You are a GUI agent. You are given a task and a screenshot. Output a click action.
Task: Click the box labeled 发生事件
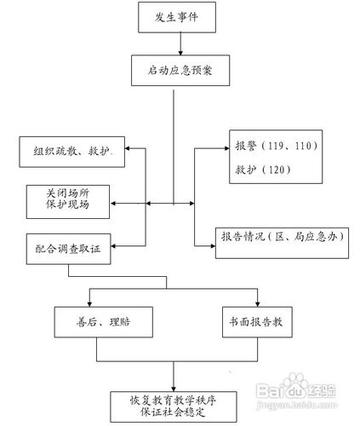pyautogui.click(x=177, y=17)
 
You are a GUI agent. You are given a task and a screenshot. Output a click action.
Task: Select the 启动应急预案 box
pyautogui.click(x=180, y=71)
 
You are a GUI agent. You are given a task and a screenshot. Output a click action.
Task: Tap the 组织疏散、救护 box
pyautogui.click(x=71, y=152)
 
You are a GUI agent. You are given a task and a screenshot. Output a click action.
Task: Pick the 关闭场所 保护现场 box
pyautogui.click(x=68, y=202)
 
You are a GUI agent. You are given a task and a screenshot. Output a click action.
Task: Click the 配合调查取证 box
pyautogui.click(x=68, y=249)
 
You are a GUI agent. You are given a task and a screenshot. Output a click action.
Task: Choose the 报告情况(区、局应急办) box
pyautogui.click(x=282, y=243)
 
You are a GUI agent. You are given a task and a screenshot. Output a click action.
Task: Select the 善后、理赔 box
pyautogui.click(x=104, y=322)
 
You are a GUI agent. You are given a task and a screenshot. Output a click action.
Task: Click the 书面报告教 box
pyautogui.click(x=257, y=322)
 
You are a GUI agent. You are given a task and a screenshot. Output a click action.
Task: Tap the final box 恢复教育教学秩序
pyautogui.click(x=174, y=406)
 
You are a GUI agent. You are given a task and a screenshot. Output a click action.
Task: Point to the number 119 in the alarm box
pyautogui.click(x=276, y=146)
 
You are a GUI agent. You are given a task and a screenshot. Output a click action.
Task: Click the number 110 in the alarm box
pyautogui.click(x=303, y=146)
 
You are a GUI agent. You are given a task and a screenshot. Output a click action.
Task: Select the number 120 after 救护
pyautogui.click(x=277, y=170)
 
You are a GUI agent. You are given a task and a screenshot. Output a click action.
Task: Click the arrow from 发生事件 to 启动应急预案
pyautogui.click(x=180, y=43)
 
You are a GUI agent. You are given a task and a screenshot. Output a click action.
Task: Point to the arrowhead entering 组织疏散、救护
pyautogui.click(x=128, y=148)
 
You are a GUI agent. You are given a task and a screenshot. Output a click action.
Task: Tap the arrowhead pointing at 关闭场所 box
pyautogui.click(x=112, y=204)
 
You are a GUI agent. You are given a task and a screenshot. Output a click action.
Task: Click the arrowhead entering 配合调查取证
pyautogui.click(x=113, y=246)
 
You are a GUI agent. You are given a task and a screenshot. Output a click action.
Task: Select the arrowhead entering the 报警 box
pyautogui.click(x=226, y=148)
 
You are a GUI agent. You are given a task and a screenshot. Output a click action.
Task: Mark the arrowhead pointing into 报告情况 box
pyautogui.click(x=213, y=246)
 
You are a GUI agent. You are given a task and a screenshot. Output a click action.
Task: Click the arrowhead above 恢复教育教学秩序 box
pyautogui.click(x=174, y=389)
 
